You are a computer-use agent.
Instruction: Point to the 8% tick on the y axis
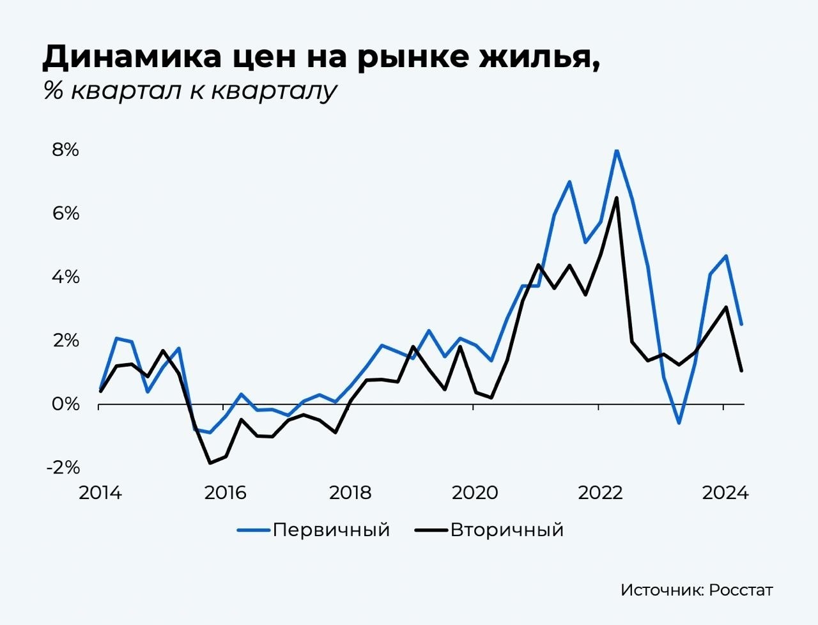tap(65, 150)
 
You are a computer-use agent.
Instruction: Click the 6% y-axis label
tap(65, 213)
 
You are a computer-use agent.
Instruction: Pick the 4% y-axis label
tap(65, 277)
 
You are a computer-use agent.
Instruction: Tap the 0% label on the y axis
tap(65, 404)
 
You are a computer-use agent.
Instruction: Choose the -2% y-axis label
tap(63, 467)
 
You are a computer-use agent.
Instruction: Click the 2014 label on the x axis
tap(100, 493)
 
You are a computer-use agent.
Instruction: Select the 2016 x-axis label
tap(225, 493)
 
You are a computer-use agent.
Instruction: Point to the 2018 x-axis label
tap(350, 493)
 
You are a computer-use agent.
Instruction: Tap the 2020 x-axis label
tap(475, 493)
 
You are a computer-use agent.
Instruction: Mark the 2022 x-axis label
tap(599, 493)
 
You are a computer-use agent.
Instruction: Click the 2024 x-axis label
tap(725, 493)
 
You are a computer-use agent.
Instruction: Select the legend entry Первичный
tap(331, 530)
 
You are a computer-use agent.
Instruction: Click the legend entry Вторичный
tap(507, 530)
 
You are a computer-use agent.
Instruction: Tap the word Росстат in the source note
tap(741, 590)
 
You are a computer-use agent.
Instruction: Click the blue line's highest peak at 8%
tap(616, 151)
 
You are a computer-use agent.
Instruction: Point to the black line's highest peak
tap(616, 198)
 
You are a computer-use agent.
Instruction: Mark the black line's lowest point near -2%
tap(210, 463)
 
